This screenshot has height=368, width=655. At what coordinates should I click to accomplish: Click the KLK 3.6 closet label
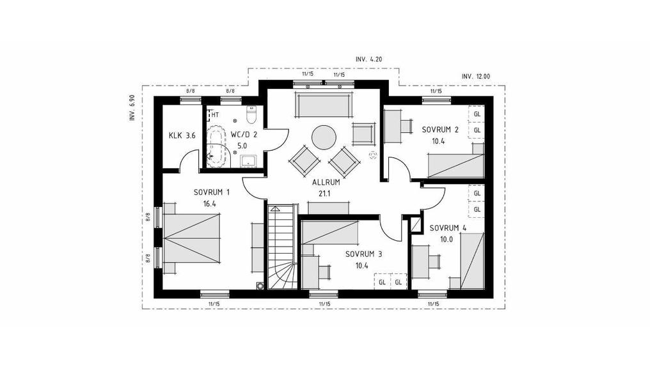(x=182, y=135)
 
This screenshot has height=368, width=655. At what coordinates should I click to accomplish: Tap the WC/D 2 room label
(x=244, y=135)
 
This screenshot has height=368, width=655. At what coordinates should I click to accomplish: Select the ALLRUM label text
(x=326, y=182)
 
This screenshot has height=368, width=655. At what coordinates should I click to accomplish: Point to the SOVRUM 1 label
(x=211, y=192)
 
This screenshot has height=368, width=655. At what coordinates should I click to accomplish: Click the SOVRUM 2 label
(x=440, y=130)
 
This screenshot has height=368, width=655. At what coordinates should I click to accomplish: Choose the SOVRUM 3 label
(x=363, y=254)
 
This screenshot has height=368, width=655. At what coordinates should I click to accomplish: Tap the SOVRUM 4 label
(x=448, y=228)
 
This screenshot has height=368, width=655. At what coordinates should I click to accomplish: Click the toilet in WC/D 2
(x=251, y=115)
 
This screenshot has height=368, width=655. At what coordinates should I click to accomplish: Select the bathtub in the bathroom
(x=218, y=146)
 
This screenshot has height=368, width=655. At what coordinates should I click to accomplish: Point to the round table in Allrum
(x=324, y=137)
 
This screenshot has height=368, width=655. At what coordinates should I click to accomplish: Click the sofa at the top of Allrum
(x=324, y=105)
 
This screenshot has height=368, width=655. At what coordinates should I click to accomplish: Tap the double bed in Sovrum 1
(x=192, y=238)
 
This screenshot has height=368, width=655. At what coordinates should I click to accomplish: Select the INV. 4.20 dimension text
(x=368, y=59)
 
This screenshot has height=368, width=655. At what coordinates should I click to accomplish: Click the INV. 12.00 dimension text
(x=476, y=77)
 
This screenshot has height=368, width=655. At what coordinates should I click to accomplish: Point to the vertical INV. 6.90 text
(x=132, y=108)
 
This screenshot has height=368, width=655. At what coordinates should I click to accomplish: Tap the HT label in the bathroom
(x=215, y=114)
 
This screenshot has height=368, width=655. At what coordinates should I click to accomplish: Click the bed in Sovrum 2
(x=456, y=160)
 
